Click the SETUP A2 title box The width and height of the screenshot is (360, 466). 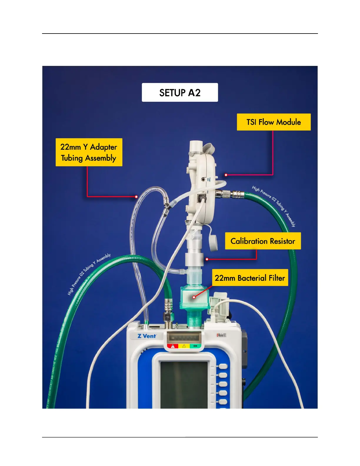point(180,92)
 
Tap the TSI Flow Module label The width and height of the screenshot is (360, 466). point(274,122)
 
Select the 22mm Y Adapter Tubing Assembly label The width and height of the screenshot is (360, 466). point(89,152)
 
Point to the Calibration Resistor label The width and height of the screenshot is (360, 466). point(263,241)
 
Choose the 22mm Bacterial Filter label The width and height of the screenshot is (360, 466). point(250,278)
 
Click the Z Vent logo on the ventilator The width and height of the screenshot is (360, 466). point(147,336)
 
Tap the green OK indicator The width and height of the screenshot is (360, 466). point(195,346)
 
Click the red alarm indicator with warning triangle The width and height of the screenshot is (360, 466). point(173,346)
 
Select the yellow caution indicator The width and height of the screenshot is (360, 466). point(184,346)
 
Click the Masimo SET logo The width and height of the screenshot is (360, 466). point(221,335)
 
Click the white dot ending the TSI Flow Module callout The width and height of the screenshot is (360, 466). point(226,175)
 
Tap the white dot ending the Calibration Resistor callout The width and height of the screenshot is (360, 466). point(207,259)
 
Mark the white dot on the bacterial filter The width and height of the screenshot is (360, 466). point(194,297)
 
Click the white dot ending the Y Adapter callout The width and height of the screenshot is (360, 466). point(136,197)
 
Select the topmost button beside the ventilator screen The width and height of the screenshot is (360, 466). point(223,366)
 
